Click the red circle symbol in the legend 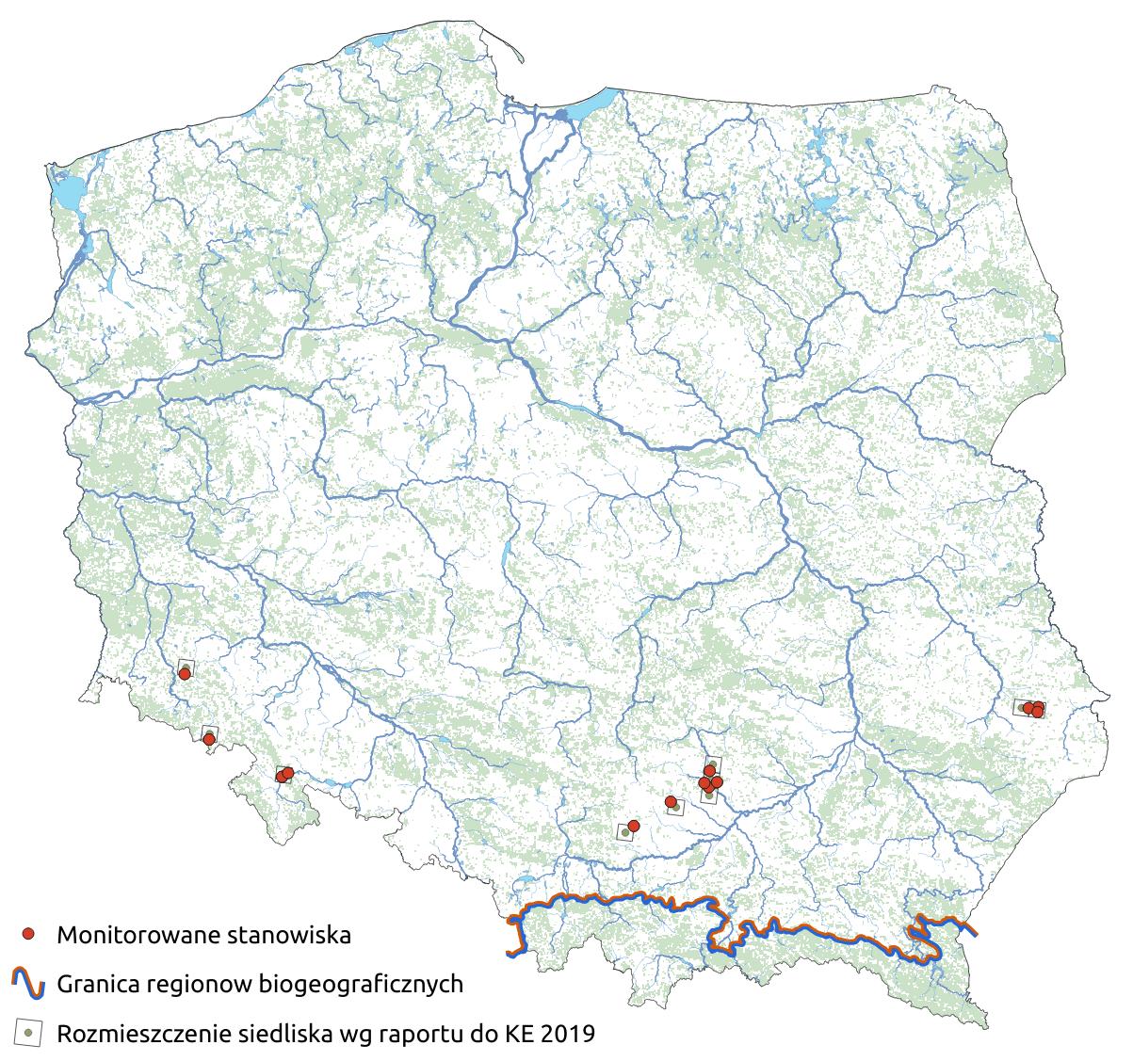pos(29,934)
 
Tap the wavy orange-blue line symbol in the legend pos(29,984)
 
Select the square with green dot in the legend pos(29,1033)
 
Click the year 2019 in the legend pos(567,1034)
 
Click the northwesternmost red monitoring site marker pos(185,673)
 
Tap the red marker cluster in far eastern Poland pos(1033,708)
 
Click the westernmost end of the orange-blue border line pos(510,954)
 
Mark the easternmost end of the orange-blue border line pos(975,933)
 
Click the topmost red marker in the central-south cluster pos(710,771)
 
